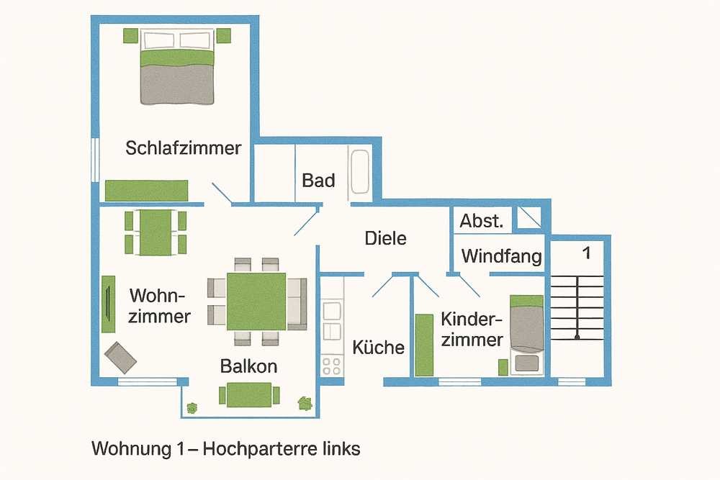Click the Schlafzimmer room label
(183, 148)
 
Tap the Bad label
(318, 180)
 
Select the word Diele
(385, 238)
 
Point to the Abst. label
(481, 221)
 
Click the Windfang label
(501, 256)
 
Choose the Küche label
(378, 348)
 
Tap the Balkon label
(248, 366)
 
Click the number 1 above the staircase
(586, 253)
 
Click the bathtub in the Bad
(359, 172)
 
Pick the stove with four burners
(332, 365)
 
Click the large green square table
(256, 301)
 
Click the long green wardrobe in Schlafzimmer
(146, 191)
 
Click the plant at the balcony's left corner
(192, 407)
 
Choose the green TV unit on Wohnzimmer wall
(108, 304)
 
